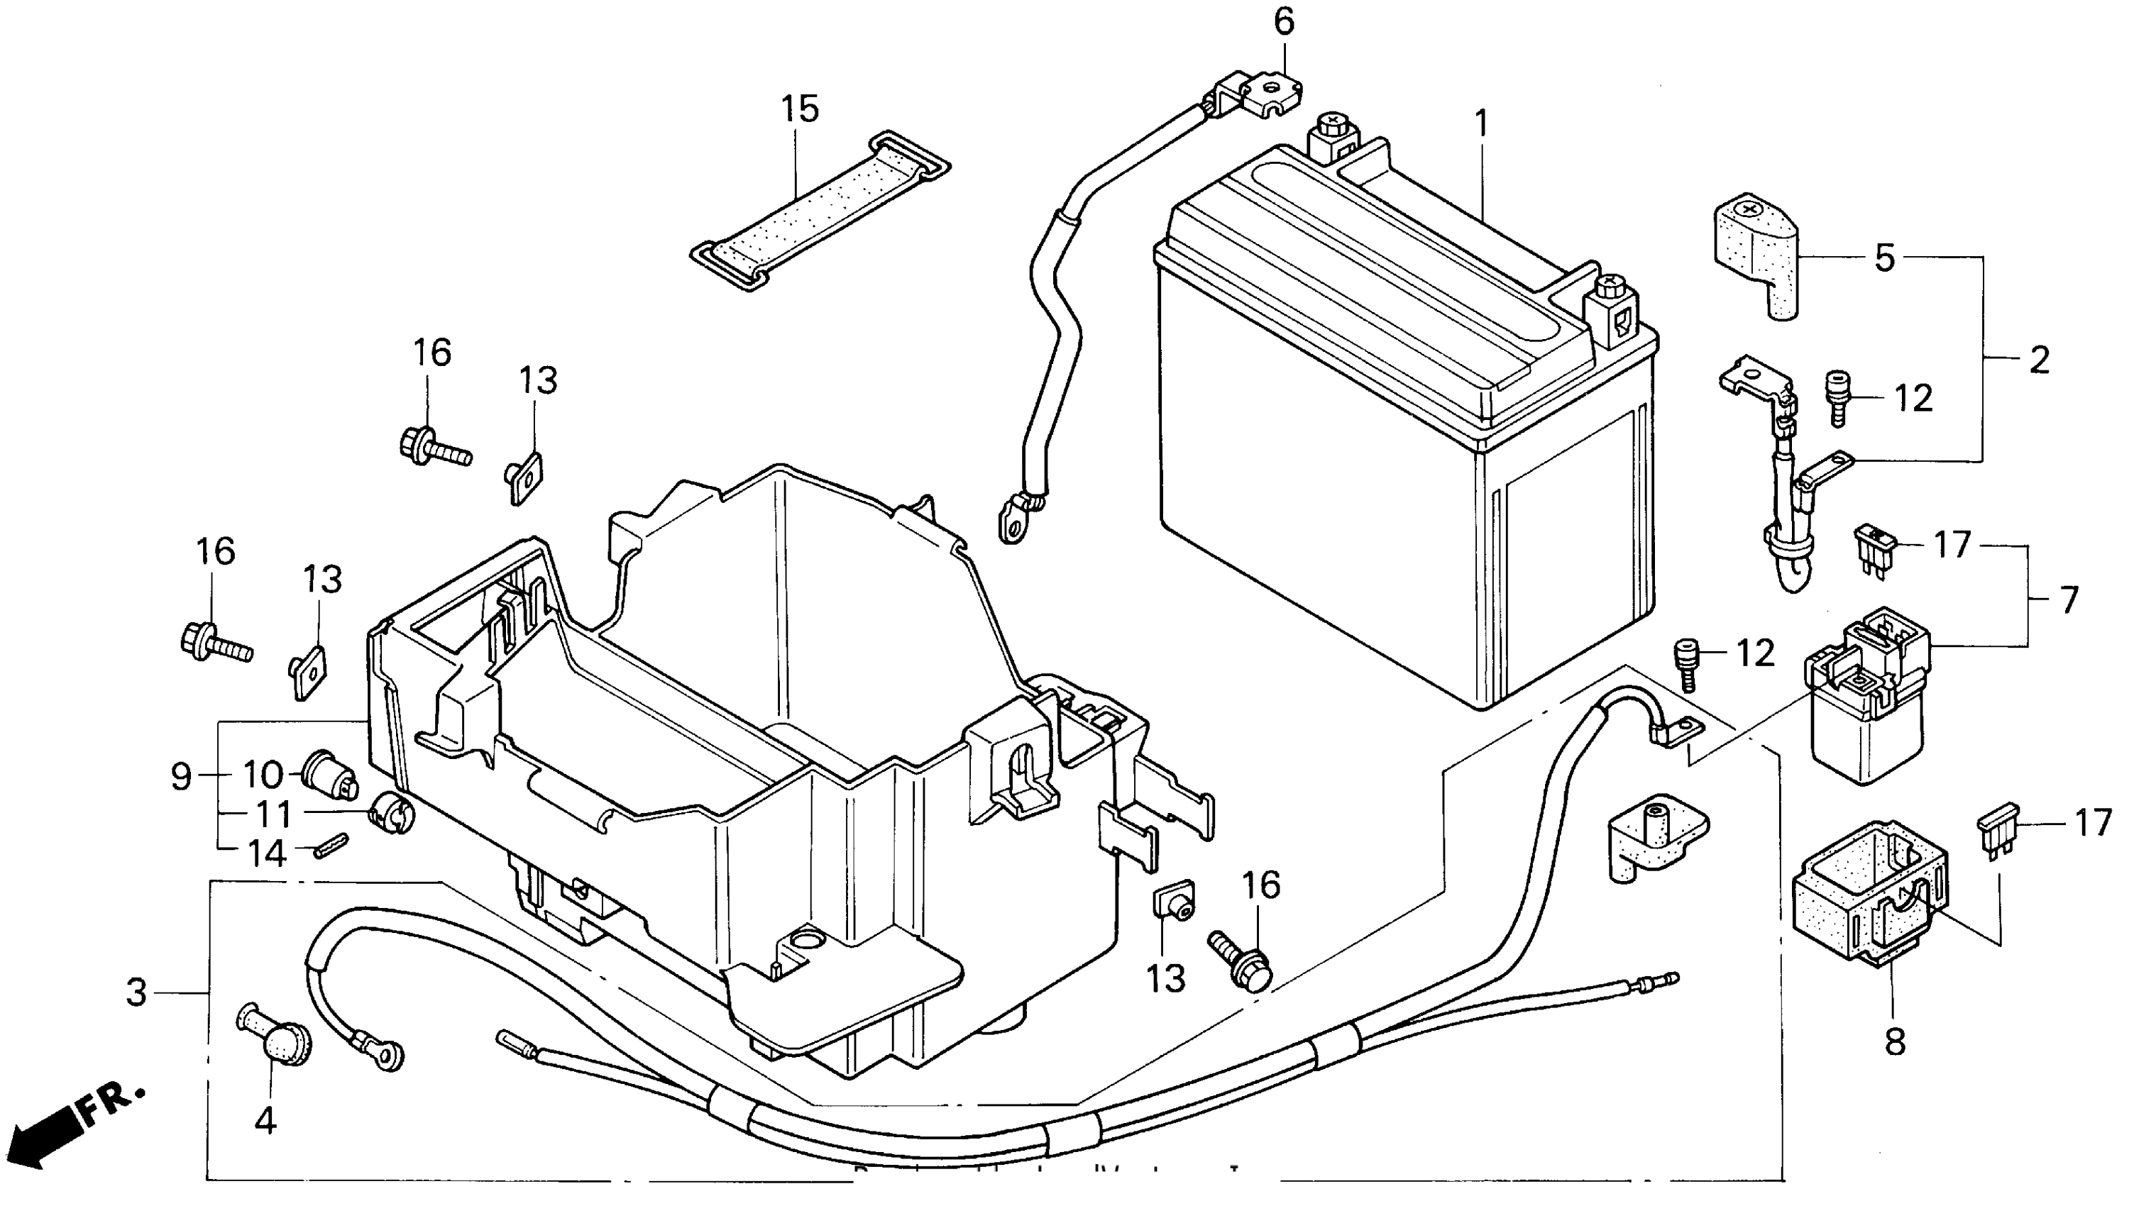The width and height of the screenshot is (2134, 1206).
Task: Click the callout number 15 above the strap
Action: [801, 109]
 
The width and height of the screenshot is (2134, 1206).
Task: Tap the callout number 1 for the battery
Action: [1482, 125]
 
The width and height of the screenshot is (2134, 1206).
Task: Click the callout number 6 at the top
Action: [1283, 23]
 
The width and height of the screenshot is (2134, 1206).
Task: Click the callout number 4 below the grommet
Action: [265, 1120]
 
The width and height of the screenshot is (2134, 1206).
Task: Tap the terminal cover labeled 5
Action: [1754, 252]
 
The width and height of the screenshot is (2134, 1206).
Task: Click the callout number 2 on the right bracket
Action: [2039, 360]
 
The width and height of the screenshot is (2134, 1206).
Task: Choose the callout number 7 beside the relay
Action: [2069, 599]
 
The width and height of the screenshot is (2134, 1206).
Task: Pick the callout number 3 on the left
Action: [138, 992]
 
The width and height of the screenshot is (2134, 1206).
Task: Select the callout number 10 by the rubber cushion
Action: [263, 775]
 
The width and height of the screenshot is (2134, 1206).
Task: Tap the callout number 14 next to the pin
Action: [268, 853]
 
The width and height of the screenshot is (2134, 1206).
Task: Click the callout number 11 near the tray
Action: [273, 814]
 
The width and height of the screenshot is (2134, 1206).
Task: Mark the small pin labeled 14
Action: [331, 846]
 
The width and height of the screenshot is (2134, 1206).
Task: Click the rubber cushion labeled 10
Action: [330, 774]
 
